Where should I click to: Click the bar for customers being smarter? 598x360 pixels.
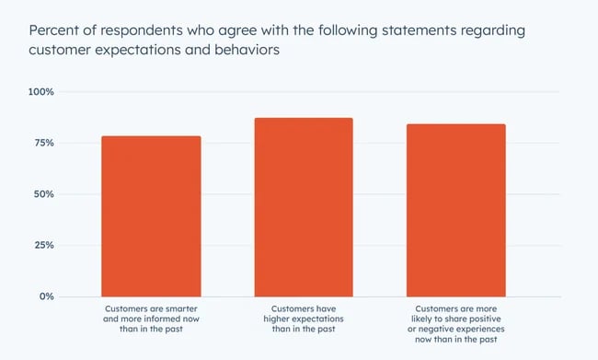pyautogui.click(x=151, y=216)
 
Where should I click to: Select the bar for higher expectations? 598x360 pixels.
pyautogui.click(x=304, y=207)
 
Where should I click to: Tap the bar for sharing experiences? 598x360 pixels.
pyautogui.click(x=456, y=210)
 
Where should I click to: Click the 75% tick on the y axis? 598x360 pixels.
pyautogui.click(x=45, y=144)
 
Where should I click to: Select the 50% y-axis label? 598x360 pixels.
pyautogui.click(x=45, y=194)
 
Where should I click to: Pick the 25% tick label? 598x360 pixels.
pyautogui.click(x=45, y=246)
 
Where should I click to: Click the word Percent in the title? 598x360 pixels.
pyautogui.click(x=54, y=29)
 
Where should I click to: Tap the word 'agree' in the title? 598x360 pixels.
pyautogui.click(x=237, y=29)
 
